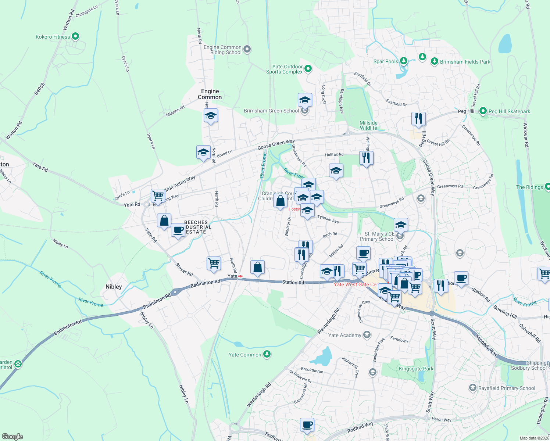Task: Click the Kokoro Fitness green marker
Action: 75,36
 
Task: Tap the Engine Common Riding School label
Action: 222,50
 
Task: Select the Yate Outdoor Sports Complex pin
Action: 308,68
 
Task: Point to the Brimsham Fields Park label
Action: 465,62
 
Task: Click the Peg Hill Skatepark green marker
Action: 483,111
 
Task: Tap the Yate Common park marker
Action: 267,354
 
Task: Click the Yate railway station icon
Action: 240,276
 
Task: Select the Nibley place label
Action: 114,287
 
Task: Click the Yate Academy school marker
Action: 367,335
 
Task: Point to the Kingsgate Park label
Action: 416,369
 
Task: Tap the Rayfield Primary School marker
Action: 472,388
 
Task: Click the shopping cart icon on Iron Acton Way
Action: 158,195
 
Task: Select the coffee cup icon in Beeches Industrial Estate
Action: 178,230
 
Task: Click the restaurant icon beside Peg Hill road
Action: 418,118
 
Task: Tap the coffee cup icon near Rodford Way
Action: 307,425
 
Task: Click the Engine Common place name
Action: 210,94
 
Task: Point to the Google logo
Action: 12,437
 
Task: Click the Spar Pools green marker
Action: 404,61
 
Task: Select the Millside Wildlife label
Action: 368,125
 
